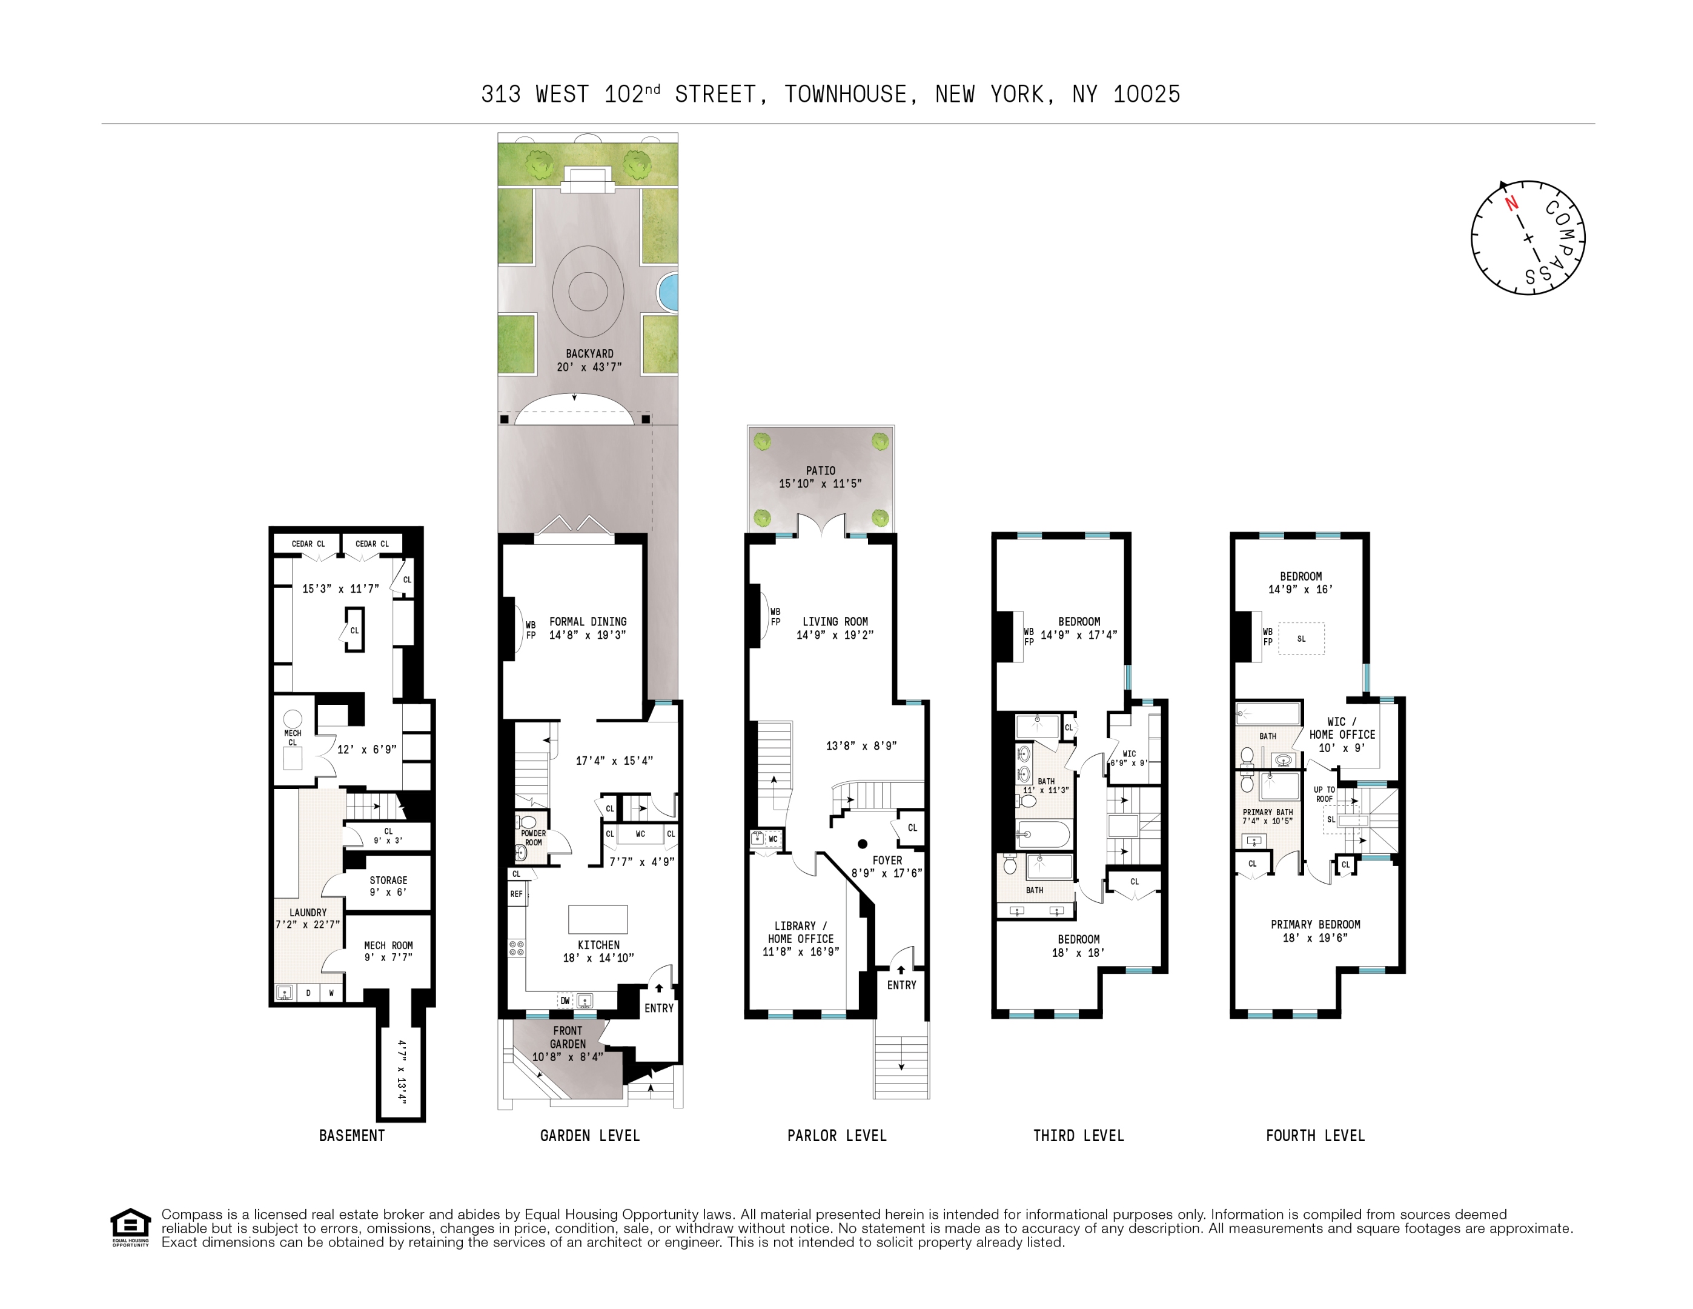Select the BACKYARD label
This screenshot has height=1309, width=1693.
click(589, 354)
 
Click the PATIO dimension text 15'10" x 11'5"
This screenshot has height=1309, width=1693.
click(820, 483)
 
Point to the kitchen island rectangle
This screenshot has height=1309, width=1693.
click(598, 919)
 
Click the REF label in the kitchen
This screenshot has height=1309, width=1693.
click(516, 894)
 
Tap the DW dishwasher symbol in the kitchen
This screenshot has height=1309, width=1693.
click(565, 1001)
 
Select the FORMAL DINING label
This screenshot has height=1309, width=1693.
click(588, 622)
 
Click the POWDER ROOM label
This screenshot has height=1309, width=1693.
click(533, 838)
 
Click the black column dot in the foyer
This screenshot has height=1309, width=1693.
click(862, 844)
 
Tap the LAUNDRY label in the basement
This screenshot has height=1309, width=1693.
click(308, 913)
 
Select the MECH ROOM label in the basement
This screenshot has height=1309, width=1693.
click(388, 945)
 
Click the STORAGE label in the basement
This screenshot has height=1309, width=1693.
click(388, 880)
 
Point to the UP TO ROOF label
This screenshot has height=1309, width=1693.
click(1324, 794)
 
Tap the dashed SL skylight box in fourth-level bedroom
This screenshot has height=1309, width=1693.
click(1302, 639)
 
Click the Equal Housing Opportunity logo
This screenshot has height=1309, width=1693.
click(130, 1226)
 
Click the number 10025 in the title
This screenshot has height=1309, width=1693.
click(1147, 95)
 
